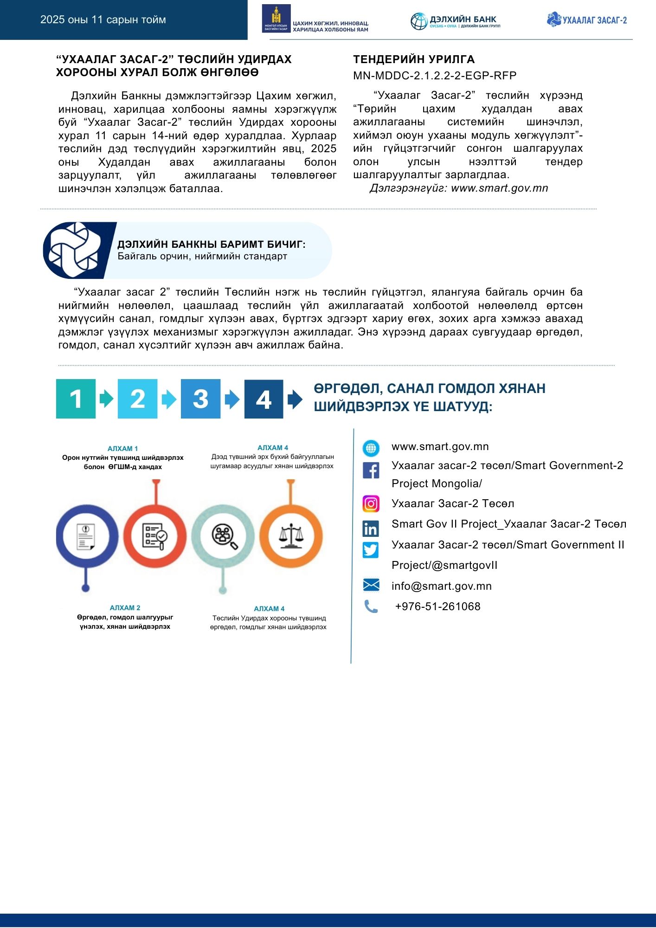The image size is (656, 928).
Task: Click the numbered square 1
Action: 76,399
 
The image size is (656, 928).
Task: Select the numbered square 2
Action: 137,399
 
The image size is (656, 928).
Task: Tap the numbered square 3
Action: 200,399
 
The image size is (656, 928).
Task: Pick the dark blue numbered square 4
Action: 264,399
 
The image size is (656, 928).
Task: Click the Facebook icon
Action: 371,470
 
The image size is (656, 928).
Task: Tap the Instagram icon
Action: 371,503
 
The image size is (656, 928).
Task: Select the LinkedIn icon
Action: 371,528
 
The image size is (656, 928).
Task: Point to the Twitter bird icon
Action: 371,549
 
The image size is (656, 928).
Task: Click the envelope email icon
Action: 371,585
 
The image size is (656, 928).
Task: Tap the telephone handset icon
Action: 371,606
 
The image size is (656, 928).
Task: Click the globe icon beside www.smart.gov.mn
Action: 371,448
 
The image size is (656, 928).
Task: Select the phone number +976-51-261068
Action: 437,606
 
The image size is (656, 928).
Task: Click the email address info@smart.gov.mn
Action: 441,586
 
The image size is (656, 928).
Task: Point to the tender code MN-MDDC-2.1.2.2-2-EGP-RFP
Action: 435,76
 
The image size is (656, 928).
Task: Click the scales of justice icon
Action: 291,536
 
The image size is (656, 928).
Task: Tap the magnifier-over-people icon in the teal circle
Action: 224,536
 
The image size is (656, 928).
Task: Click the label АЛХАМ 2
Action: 125,608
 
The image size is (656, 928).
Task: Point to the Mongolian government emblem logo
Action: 276,19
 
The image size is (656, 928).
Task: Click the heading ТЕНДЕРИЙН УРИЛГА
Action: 414,59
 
